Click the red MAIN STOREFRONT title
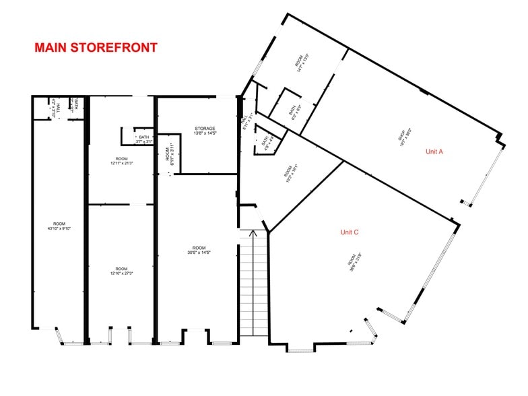point(96,48)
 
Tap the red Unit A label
point(434,152)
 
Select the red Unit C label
point(350,232)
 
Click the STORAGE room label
point(205,129)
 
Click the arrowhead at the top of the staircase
point(253,234)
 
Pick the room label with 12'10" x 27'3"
point(121,272)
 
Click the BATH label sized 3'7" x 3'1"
point(144,139)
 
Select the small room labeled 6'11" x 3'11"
point(168,152)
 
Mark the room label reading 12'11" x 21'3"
point(121,162)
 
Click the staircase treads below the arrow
point(253,290)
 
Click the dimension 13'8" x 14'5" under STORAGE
point(205,133)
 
